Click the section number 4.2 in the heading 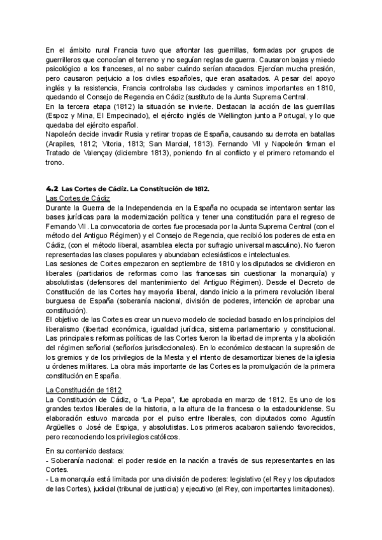(x=53, y=189)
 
